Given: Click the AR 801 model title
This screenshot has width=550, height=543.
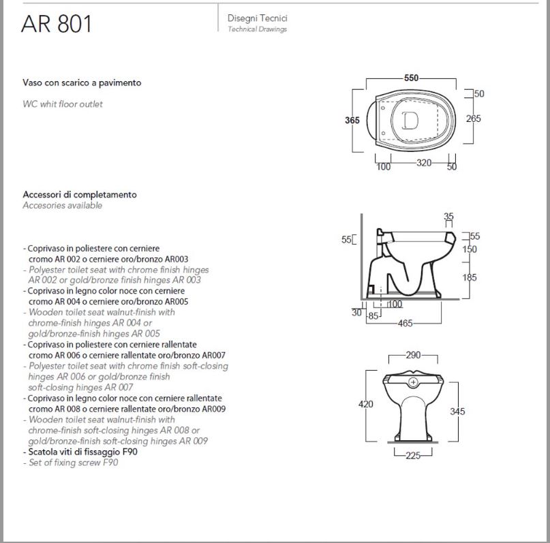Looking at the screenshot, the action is point(57,24).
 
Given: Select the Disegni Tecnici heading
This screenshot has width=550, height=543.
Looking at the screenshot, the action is point(258,18).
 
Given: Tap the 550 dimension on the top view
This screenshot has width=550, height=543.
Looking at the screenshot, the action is point(411,78).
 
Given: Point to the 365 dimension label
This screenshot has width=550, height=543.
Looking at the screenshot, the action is point(352,120).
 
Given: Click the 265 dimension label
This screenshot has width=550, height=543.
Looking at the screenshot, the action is point(473,119).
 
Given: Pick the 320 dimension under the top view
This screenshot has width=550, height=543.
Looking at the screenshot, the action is point(424,163).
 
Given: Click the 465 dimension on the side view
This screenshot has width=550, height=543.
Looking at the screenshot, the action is point(405,323).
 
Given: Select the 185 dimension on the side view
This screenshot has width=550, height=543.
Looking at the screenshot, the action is point(470,278).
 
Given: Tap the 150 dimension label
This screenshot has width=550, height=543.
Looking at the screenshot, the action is point(470,249).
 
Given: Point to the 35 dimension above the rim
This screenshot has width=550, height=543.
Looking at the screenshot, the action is point(448,216).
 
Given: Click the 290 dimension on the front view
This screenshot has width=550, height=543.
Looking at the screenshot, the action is point(413,355).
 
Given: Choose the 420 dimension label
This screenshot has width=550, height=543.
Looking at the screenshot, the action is point(365,404).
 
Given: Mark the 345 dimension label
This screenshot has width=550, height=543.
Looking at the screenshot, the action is point(457,412).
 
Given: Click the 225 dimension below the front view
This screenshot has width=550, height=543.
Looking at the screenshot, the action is point(413,455).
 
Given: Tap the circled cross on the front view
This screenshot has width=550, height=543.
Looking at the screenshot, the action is point(413,382).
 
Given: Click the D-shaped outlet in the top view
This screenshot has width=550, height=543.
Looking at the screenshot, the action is point(410,120).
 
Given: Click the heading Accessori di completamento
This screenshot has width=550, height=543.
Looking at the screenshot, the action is point(80,195).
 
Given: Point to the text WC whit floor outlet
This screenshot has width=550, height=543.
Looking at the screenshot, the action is point(63,104).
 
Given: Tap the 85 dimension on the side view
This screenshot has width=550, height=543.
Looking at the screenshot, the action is point(373,316).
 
